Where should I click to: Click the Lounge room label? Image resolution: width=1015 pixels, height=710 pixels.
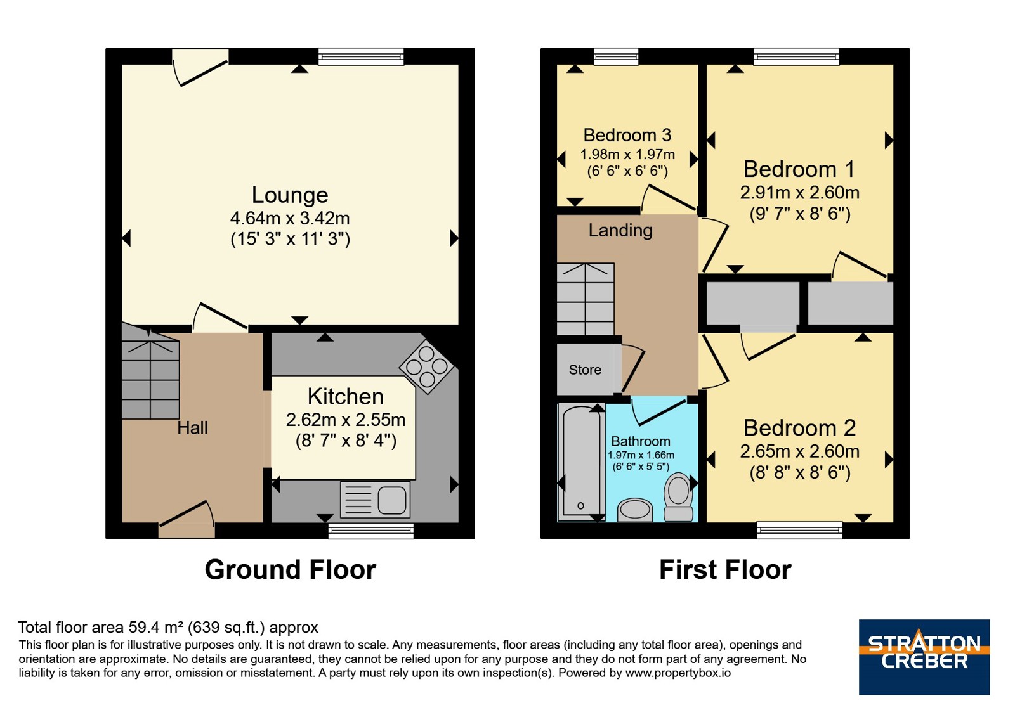[x=290, y=195]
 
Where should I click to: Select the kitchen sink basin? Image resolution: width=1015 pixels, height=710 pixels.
[x=392, y=500]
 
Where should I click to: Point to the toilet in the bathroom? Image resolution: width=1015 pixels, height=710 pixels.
[x=678, y=497]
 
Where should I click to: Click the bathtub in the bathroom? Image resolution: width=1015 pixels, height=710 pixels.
[x=582, y=462]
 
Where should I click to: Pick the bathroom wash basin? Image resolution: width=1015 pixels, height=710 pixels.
[x=635, y=510]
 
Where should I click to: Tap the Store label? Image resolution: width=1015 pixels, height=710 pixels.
[x=585, y=370]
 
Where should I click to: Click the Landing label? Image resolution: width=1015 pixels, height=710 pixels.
[x=620, y=231]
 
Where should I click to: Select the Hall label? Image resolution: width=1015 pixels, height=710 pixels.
[x=193, y=428]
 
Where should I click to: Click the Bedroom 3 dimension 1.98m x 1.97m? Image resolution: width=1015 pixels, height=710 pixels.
[x=627, y=155]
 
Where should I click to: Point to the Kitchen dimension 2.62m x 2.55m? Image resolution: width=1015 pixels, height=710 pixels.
[x=346, y=420]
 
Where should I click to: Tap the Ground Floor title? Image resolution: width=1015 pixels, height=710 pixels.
[x=291, y=570]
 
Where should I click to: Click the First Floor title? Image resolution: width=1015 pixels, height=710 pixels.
[x=725, y=570]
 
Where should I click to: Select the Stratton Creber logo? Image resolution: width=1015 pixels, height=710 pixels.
[x=924, y=657]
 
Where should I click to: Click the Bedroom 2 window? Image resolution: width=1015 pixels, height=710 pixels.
[x=799, y=530]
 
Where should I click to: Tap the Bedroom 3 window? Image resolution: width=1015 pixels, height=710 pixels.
[x=616, y=56]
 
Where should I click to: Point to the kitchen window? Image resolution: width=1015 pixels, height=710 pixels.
[x=371, y=531]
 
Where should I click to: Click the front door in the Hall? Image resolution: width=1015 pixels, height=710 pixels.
[x=187, y=519]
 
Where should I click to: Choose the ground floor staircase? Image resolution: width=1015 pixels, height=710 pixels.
[x=150, y=371]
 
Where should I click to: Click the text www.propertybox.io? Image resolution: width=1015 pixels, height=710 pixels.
[x=678, y=673]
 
